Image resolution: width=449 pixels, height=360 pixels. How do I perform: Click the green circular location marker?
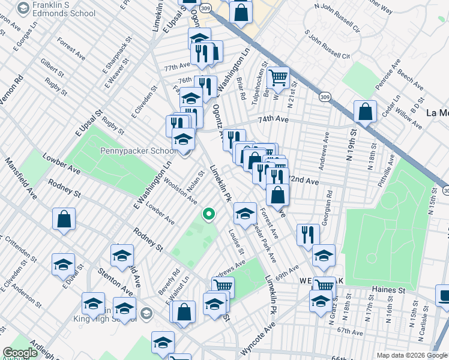pos(209,214)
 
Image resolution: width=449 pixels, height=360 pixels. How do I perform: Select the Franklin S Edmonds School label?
pos(65,9)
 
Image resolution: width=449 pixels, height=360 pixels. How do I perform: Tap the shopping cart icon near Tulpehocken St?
pos(278,78)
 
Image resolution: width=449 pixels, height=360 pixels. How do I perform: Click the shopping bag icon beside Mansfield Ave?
pos(64,220)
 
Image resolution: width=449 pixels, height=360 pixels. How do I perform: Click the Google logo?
pos(20,353)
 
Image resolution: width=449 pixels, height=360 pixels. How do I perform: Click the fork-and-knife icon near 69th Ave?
pos(307,235)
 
